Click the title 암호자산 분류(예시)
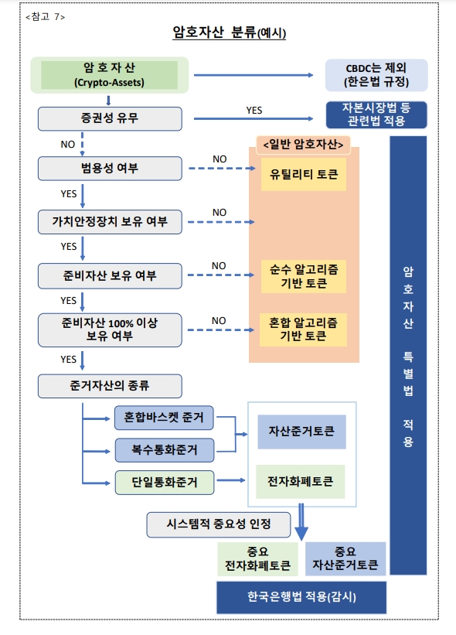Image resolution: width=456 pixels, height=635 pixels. tap(229, 33)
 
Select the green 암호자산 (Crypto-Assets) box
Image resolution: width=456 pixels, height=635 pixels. tap(109, 75)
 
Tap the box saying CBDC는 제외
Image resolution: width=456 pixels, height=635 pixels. tap(376, 75)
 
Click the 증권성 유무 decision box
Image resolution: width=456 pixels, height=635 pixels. tap(110, 118)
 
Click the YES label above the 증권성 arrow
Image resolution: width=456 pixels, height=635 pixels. tap(254, 111)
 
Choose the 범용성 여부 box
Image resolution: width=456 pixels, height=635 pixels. tap(110, 168)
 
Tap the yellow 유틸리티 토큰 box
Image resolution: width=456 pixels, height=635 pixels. tap(303, 174)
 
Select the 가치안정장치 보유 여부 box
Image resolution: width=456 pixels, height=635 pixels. tap(110, 222)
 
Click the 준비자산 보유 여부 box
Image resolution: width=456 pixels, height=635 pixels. tap(110, 275)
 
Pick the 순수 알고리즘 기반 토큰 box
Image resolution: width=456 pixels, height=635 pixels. tap(303, 276)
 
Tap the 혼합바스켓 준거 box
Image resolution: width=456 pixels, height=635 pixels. tap(164, 418)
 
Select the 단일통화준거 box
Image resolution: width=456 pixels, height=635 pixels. tap(164, 483)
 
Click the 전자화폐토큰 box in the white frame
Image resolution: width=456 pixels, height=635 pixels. tap(301, 481)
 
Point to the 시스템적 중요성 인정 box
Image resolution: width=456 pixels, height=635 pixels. tap(218, 524)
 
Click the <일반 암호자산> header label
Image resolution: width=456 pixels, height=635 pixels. tap(303, 145)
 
